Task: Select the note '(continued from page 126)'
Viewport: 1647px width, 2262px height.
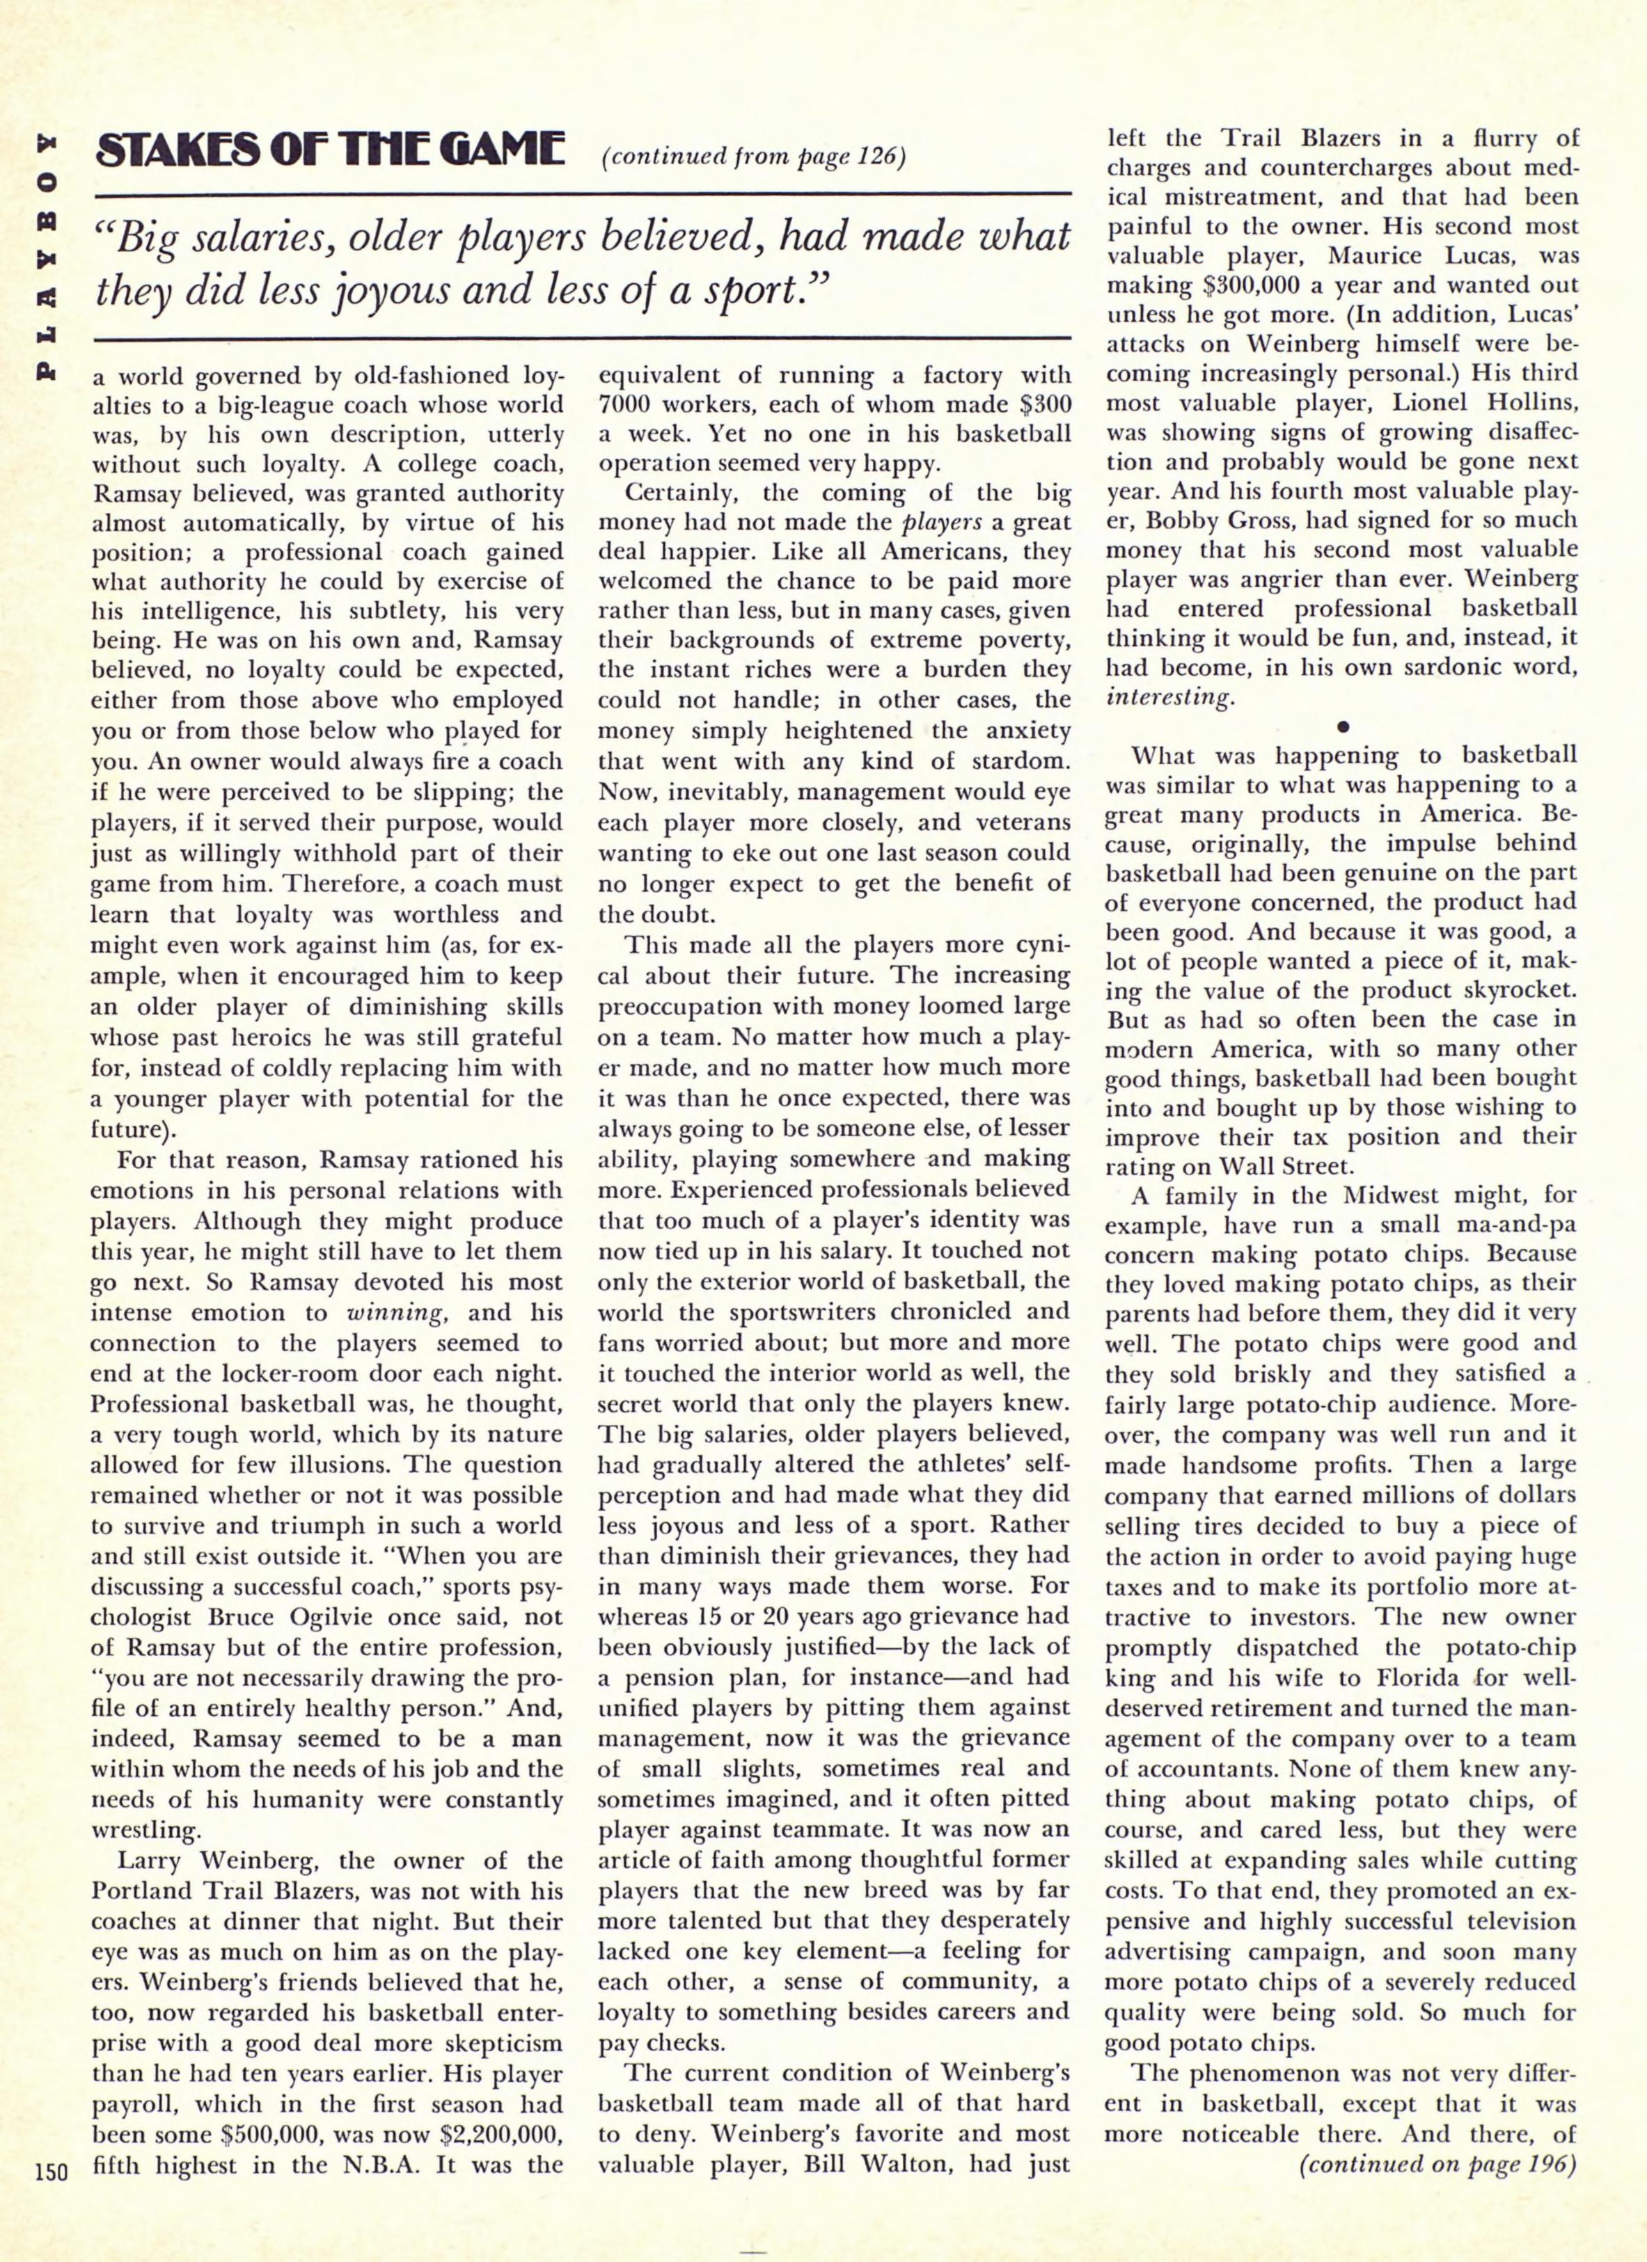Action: (x=753, y=159)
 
